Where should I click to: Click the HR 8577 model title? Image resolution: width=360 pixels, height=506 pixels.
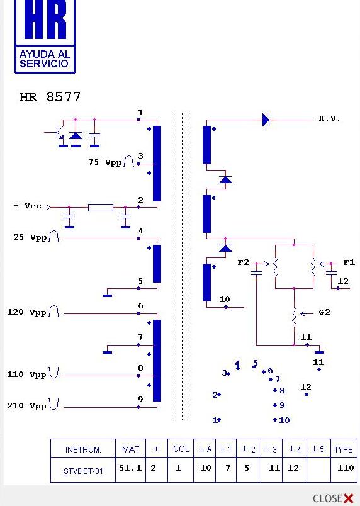click(50, 97)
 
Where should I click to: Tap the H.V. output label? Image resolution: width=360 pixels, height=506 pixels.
click(329, 118)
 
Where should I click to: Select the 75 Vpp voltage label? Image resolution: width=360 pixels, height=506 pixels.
click(105, 162)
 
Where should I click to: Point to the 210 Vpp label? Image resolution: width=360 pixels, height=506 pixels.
click(27, 405)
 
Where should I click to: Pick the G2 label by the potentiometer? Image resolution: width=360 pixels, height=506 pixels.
click(324, 312)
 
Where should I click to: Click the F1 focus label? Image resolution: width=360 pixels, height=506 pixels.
click(349, 262)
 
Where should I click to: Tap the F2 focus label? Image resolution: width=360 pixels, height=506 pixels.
click(243, 262)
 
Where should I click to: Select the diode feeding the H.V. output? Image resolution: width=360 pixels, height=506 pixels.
click(266, 120)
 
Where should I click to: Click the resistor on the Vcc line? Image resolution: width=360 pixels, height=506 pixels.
click(101, 208)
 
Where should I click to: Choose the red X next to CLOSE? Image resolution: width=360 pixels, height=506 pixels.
click(349, 498)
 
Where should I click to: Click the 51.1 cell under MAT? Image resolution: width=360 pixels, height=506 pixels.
click(130, 468)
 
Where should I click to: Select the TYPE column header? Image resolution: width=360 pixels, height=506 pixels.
click(343, 449)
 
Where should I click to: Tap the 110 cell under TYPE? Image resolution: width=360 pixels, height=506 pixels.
click(346, 468)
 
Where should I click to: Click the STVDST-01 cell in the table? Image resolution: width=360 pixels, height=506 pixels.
click(83, 471)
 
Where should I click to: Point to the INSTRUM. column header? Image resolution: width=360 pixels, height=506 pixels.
click(83, 449)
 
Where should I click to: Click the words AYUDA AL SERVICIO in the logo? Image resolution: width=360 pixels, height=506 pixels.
click(45, 59)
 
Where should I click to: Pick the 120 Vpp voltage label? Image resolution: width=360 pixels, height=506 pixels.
click(27, 312)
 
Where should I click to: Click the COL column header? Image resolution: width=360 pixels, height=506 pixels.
click(181, 449)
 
